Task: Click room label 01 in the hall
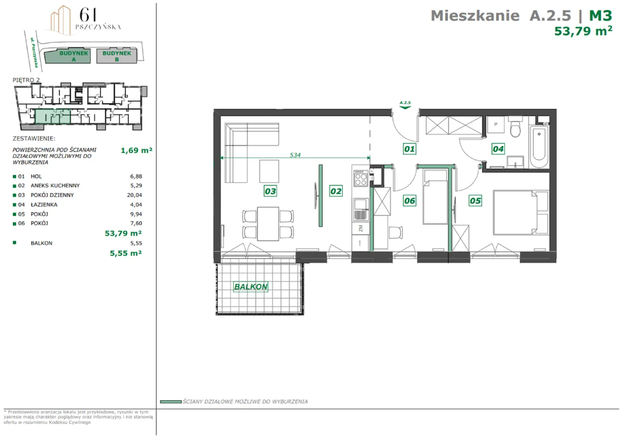pos(409,149)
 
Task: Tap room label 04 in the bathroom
pos(498,149)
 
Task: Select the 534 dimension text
pos(295,155)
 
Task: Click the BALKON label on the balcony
pos(251,287)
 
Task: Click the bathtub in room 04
pos(539,146)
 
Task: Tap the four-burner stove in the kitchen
pos(361,178)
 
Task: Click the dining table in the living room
pos(268,224)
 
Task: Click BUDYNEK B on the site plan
pos(117,56)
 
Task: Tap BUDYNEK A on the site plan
pos(73,56)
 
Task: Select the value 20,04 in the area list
pos(134,195)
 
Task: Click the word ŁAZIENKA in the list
pos(44,205)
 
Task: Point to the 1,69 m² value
pos(136,150)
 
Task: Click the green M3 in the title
pos(601,15)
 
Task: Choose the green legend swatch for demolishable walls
pos(171,401)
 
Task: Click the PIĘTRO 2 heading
pos(26,80)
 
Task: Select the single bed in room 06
pos(435,197)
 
